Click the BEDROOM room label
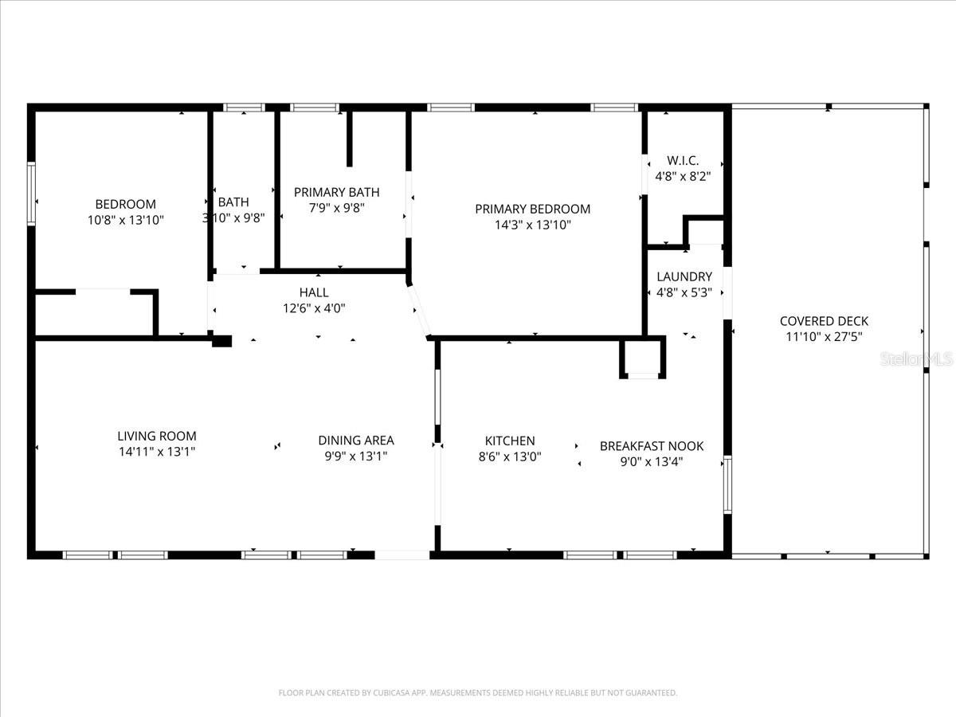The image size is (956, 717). (125, 205)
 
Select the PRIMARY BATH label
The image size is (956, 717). (336, 193)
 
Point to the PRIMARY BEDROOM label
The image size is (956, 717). (532, 210)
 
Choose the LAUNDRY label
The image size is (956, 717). (684, 277)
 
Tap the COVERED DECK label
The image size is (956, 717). (824, 322)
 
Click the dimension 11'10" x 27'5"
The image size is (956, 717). (824, 337)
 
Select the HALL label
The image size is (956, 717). (313, 293)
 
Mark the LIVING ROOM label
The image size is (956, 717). (156, 437)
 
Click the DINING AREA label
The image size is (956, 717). (355, 441)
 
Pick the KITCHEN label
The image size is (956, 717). (510, 441)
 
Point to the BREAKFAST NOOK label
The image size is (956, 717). (651, 446)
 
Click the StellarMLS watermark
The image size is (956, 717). (916, 360)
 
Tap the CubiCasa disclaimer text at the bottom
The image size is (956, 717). (478, 693)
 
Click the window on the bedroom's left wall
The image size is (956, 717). (32, 193)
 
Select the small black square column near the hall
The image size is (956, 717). (221, 341)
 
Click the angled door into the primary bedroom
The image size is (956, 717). (419, 311)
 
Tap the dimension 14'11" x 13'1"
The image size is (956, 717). (156, 452)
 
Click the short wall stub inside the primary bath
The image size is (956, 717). (349, 139)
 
